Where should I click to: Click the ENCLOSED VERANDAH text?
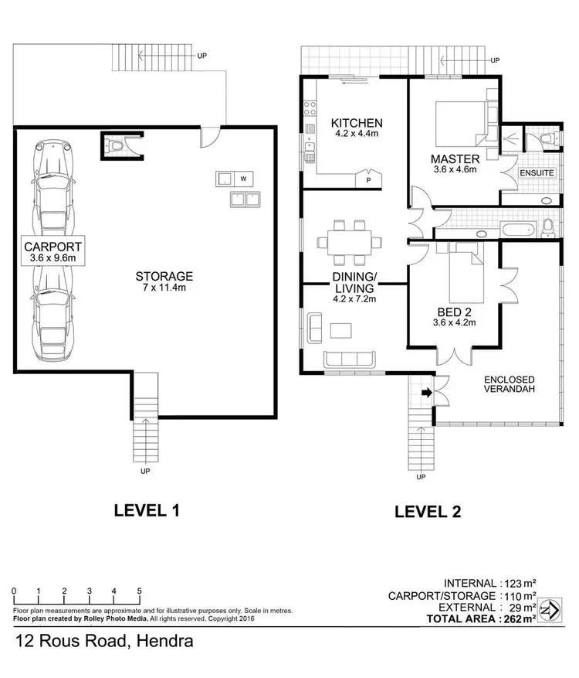point(510,384)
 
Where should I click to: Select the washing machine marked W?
point(243,179)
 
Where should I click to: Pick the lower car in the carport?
point(51,319)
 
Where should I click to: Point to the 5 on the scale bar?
point(139,591)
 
